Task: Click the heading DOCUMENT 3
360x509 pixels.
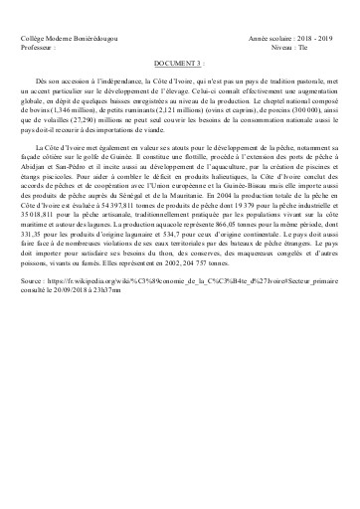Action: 179,60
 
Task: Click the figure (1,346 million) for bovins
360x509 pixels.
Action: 82,119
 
